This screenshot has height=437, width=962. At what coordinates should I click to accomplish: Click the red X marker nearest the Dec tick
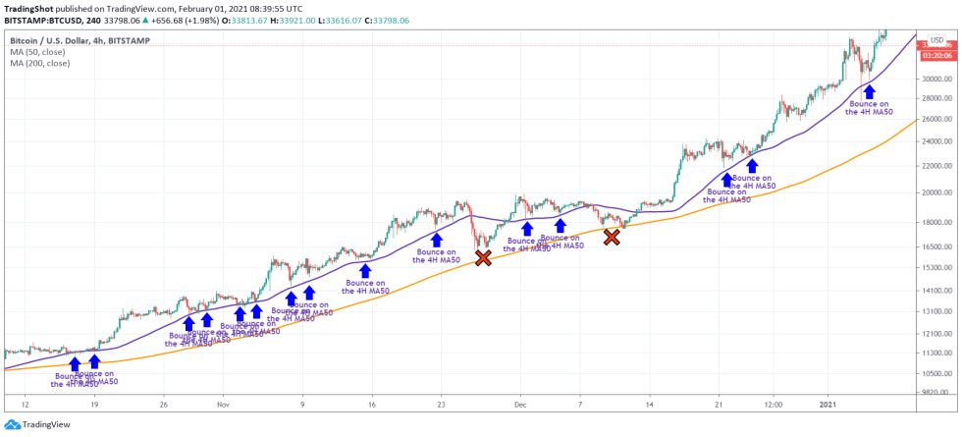[x=483, y=257]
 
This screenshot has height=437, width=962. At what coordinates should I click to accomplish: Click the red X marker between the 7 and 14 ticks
[x=612, y=237]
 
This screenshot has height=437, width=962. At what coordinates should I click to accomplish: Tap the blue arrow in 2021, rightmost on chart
[x=869, y=91]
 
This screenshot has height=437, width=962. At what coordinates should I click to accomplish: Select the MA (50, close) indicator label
[x=37, y=51]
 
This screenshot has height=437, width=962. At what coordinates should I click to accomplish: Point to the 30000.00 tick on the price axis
[x=937, y=79]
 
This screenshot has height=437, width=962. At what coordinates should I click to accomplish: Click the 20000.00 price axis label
[x=937, y=192]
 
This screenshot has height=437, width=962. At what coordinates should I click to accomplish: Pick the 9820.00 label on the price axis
[x=935, y=391]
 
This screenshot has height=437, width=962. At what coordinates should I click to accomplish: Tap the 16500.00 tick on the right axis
[x=937, y=246]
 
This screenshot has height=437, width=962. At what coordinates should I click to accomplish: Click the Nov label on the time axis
[x=223, y=404]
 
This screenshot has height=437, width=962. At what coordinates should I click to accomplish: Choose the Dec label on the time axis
[x=520, y=404]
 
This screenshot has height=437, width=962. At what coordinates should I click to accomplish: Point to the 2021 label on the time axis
[x=828, y=404]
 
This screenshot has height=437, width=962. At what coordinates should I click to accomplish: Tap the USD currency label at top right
[x=936, y=39]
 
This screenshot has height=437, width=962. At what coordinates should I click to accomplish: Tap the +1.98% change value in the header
[x=201, y=20]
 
